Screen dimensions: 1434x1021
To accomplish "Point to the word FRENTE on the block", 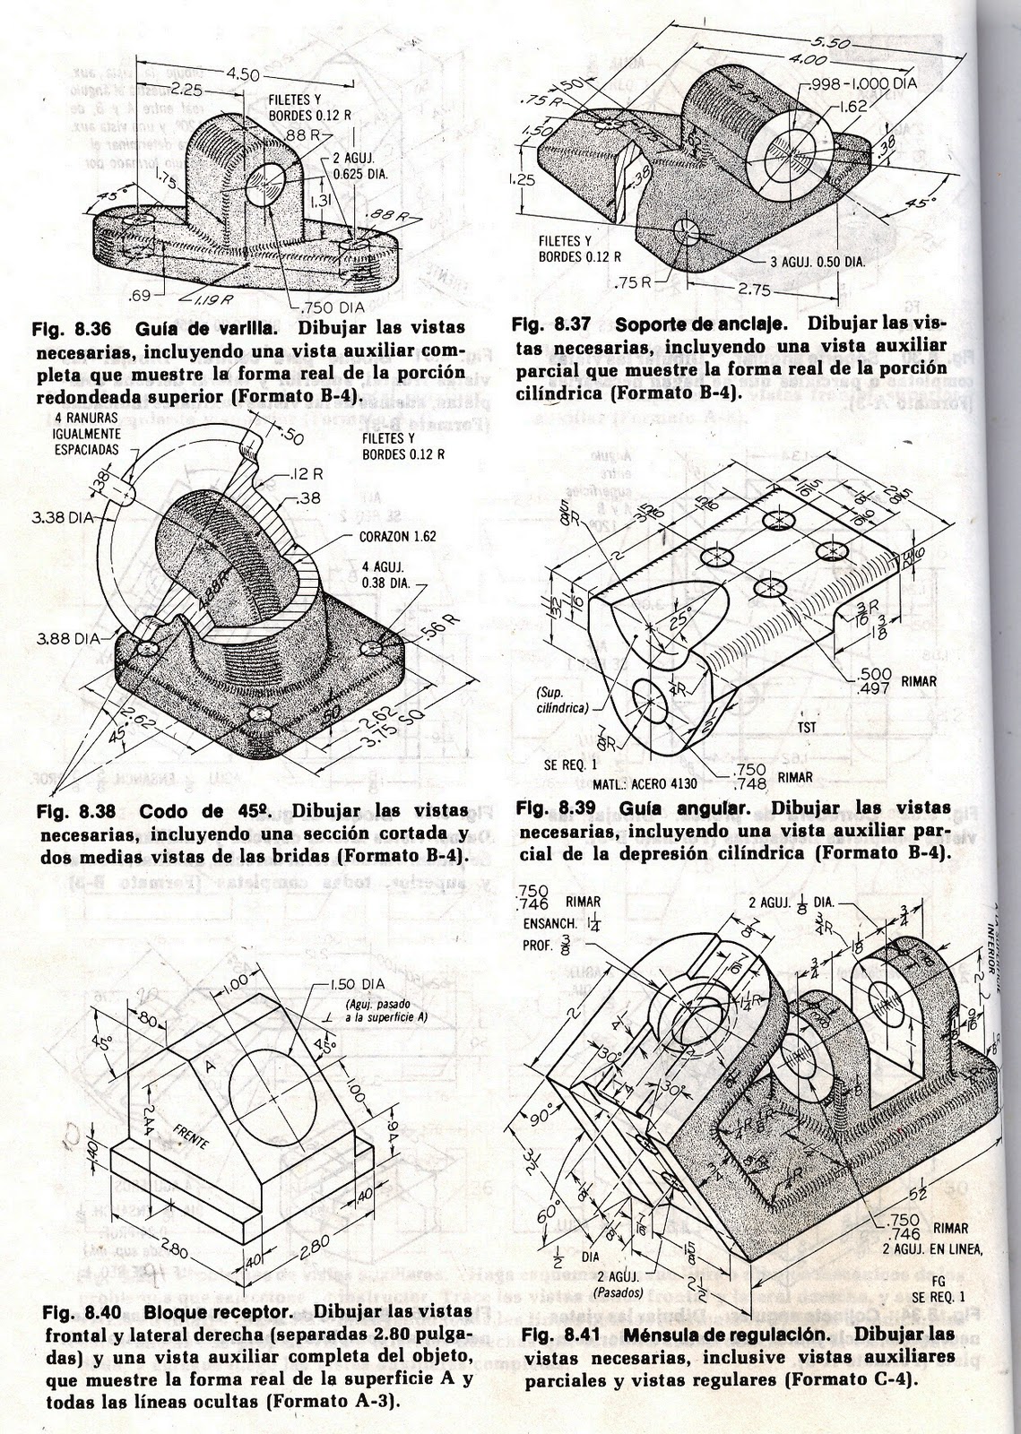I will click(193, 1135).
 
